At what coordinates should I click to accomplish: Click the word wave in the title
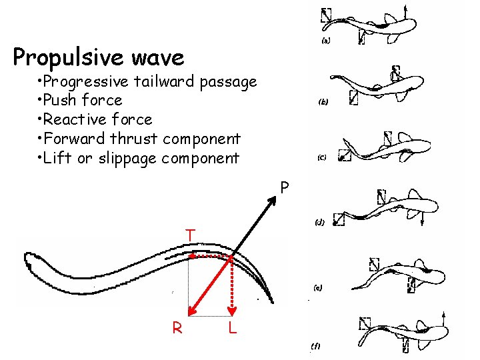[x=159, y=58]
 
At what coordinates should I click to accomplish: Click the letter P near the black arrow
[x=285, y=189]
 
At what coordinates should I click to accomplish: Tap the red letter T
[x=190, y=236]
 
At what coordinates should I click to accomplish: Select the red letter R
[x=177, y=328]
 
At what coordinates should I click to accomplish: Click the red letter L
[x=231, y=328]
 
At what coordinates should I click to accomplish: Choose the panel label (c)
[x=321, y=159]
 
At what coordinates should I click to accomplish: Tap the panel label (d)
[x=319, y=223]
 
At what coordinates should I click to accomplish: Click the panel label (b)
[x=323, y=103]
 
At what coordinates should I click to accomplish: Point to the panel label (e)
[x=318, y=288]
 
